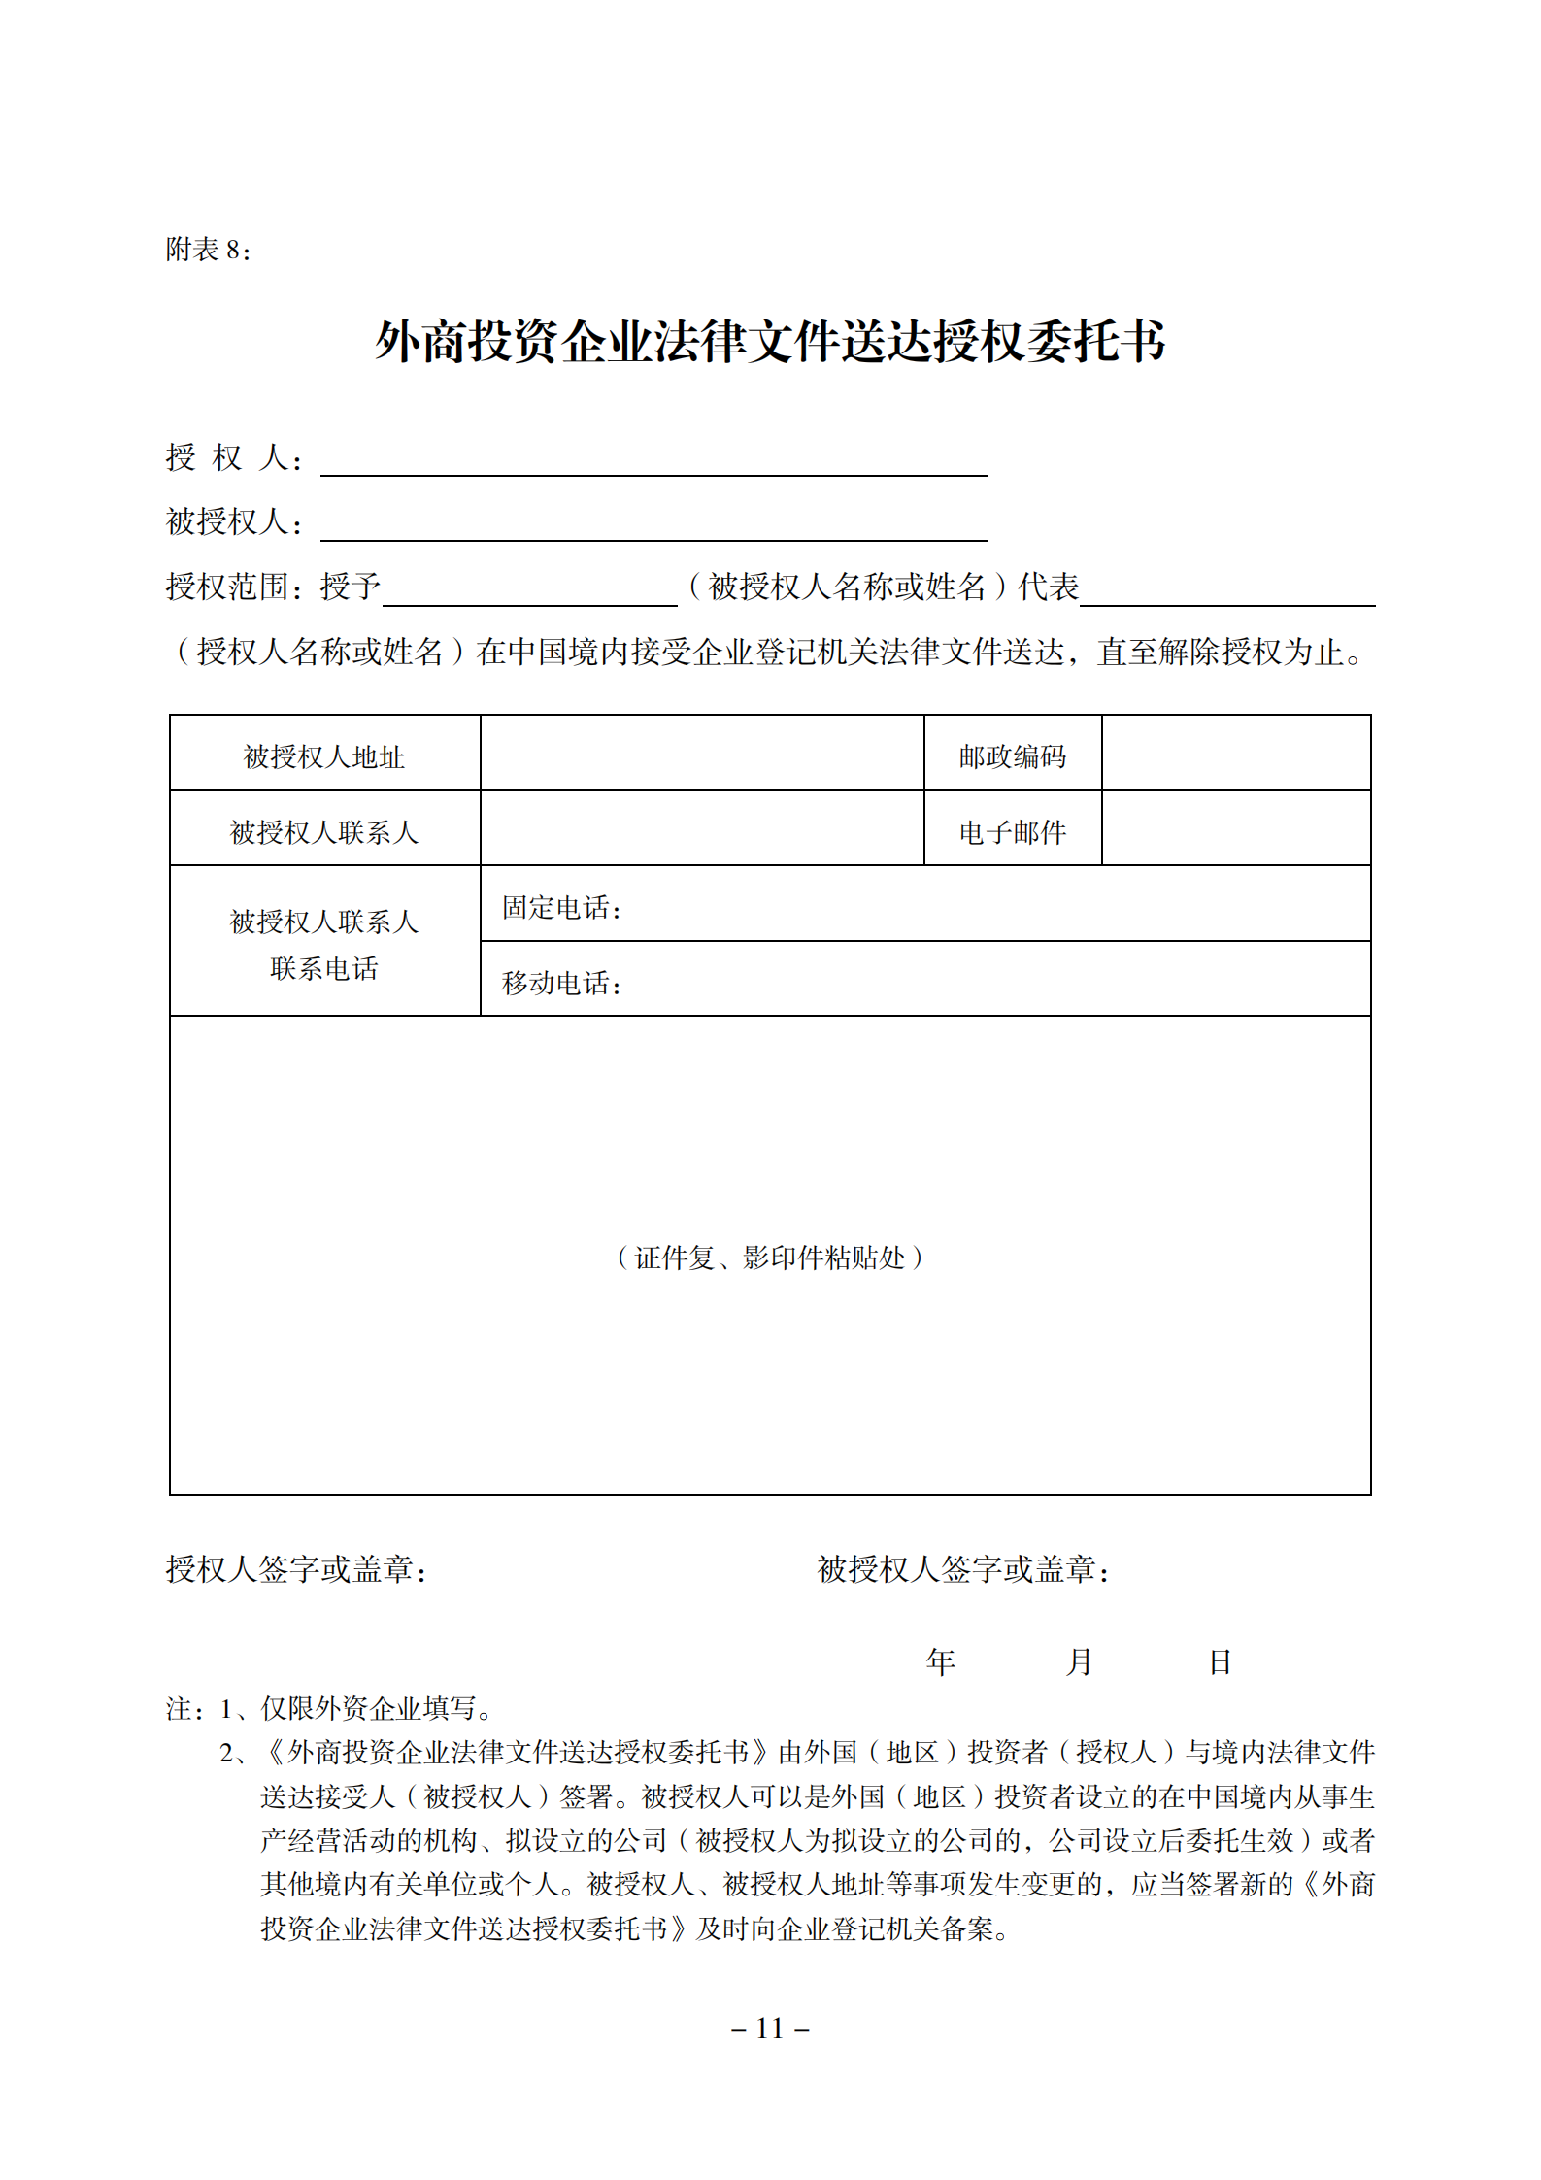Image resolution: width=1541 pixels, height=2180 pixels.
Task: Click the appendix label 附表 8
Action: point(208,251)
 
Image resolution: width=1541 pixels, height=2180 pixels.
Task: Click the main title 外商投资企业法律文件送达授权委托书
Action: point(770,342)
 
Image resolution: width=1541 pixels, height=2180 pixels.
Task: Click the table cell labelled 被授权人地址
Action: point(324,756)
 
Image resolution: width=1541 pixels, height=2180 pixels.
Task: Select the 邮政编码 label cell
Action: point(1012,756)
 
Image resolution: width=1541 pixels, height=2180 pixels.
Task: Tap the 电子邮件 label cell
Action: point(1012,832)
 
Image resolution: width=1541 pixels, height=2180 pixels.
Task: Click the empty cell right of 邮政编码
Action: point(1235,754)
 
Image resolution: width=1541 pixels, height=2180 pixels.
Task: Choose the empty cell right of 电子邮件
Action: point(1235,828)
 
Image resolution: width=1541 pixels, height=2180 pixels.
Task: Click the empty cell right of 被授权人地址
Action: point(701,754)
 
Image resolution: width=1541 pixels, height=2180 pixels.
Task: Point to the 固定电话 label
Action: point(561,908)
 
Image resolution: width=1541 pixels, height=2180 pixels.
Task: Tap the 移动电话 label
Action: point(561,983)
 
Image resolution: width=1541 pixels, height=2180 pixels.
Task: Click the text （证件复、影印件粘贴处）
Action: point(769,1258)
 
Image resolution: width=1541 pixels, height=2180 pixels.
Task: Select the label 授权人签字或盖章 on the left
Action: point(296,1569)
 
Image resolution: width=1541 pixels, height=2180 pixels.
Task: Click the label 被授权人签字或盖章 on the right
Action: point(963,1569)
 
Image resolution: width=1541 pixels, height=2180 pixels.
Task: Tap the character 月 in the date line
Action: point(1079,1662)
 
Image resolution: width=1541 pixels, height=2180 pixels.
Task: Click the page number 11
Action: point(770,2029)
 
